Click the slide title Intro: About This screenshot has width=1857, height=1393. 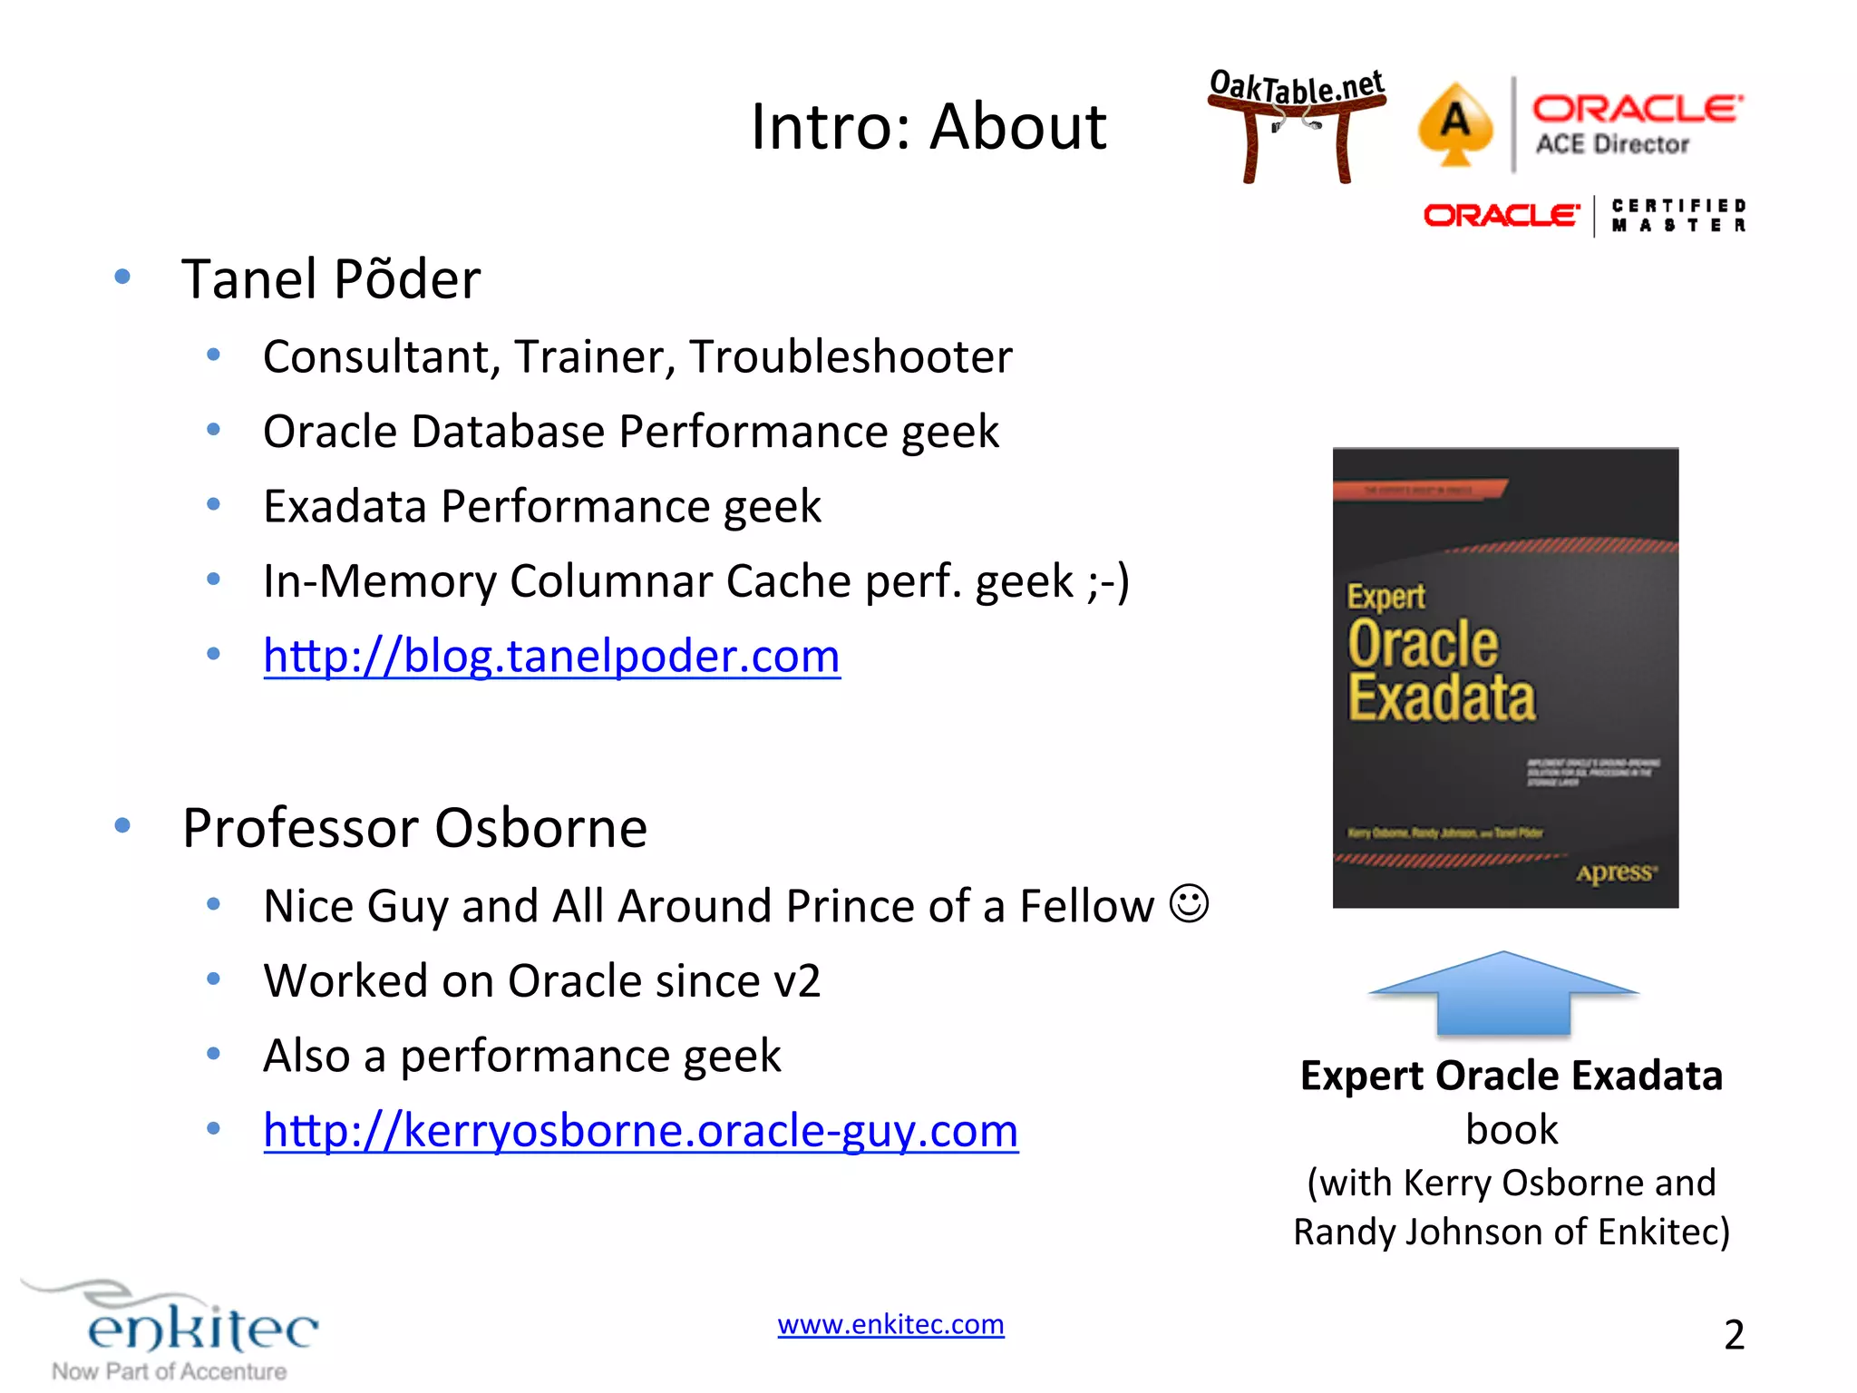(x=928, y=126)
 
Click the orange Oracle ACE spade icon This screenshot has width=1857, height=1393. (x=1455, y=123)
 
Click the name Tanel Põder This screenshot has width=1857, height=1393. (x=331, y=278)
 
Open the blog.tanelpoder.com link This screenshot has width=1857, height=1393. (x=551, y=656)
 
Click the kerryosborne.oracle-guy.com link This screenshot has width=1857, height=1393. (x=640, y=1131)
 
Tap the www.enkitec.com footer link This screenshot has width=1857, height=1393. (x=890, y=1324)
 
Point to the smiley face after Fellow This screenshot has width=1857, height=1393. (x=1189, y=904)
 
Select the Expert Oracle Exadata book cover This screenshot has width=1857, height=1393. (x=1505, y=677)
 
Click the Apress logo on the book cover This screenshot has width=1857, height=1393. (x=1616, y=872)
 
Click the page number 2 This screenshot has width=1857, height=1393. (x=1734, y=1334)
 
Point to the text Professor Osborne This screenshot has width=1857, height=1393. (x=414, y=828)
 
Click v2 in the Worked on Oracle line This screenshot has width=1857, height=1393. (x=796, y=981)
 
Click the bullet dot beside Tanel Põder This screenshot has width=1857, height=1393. (x=122, y=277)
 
